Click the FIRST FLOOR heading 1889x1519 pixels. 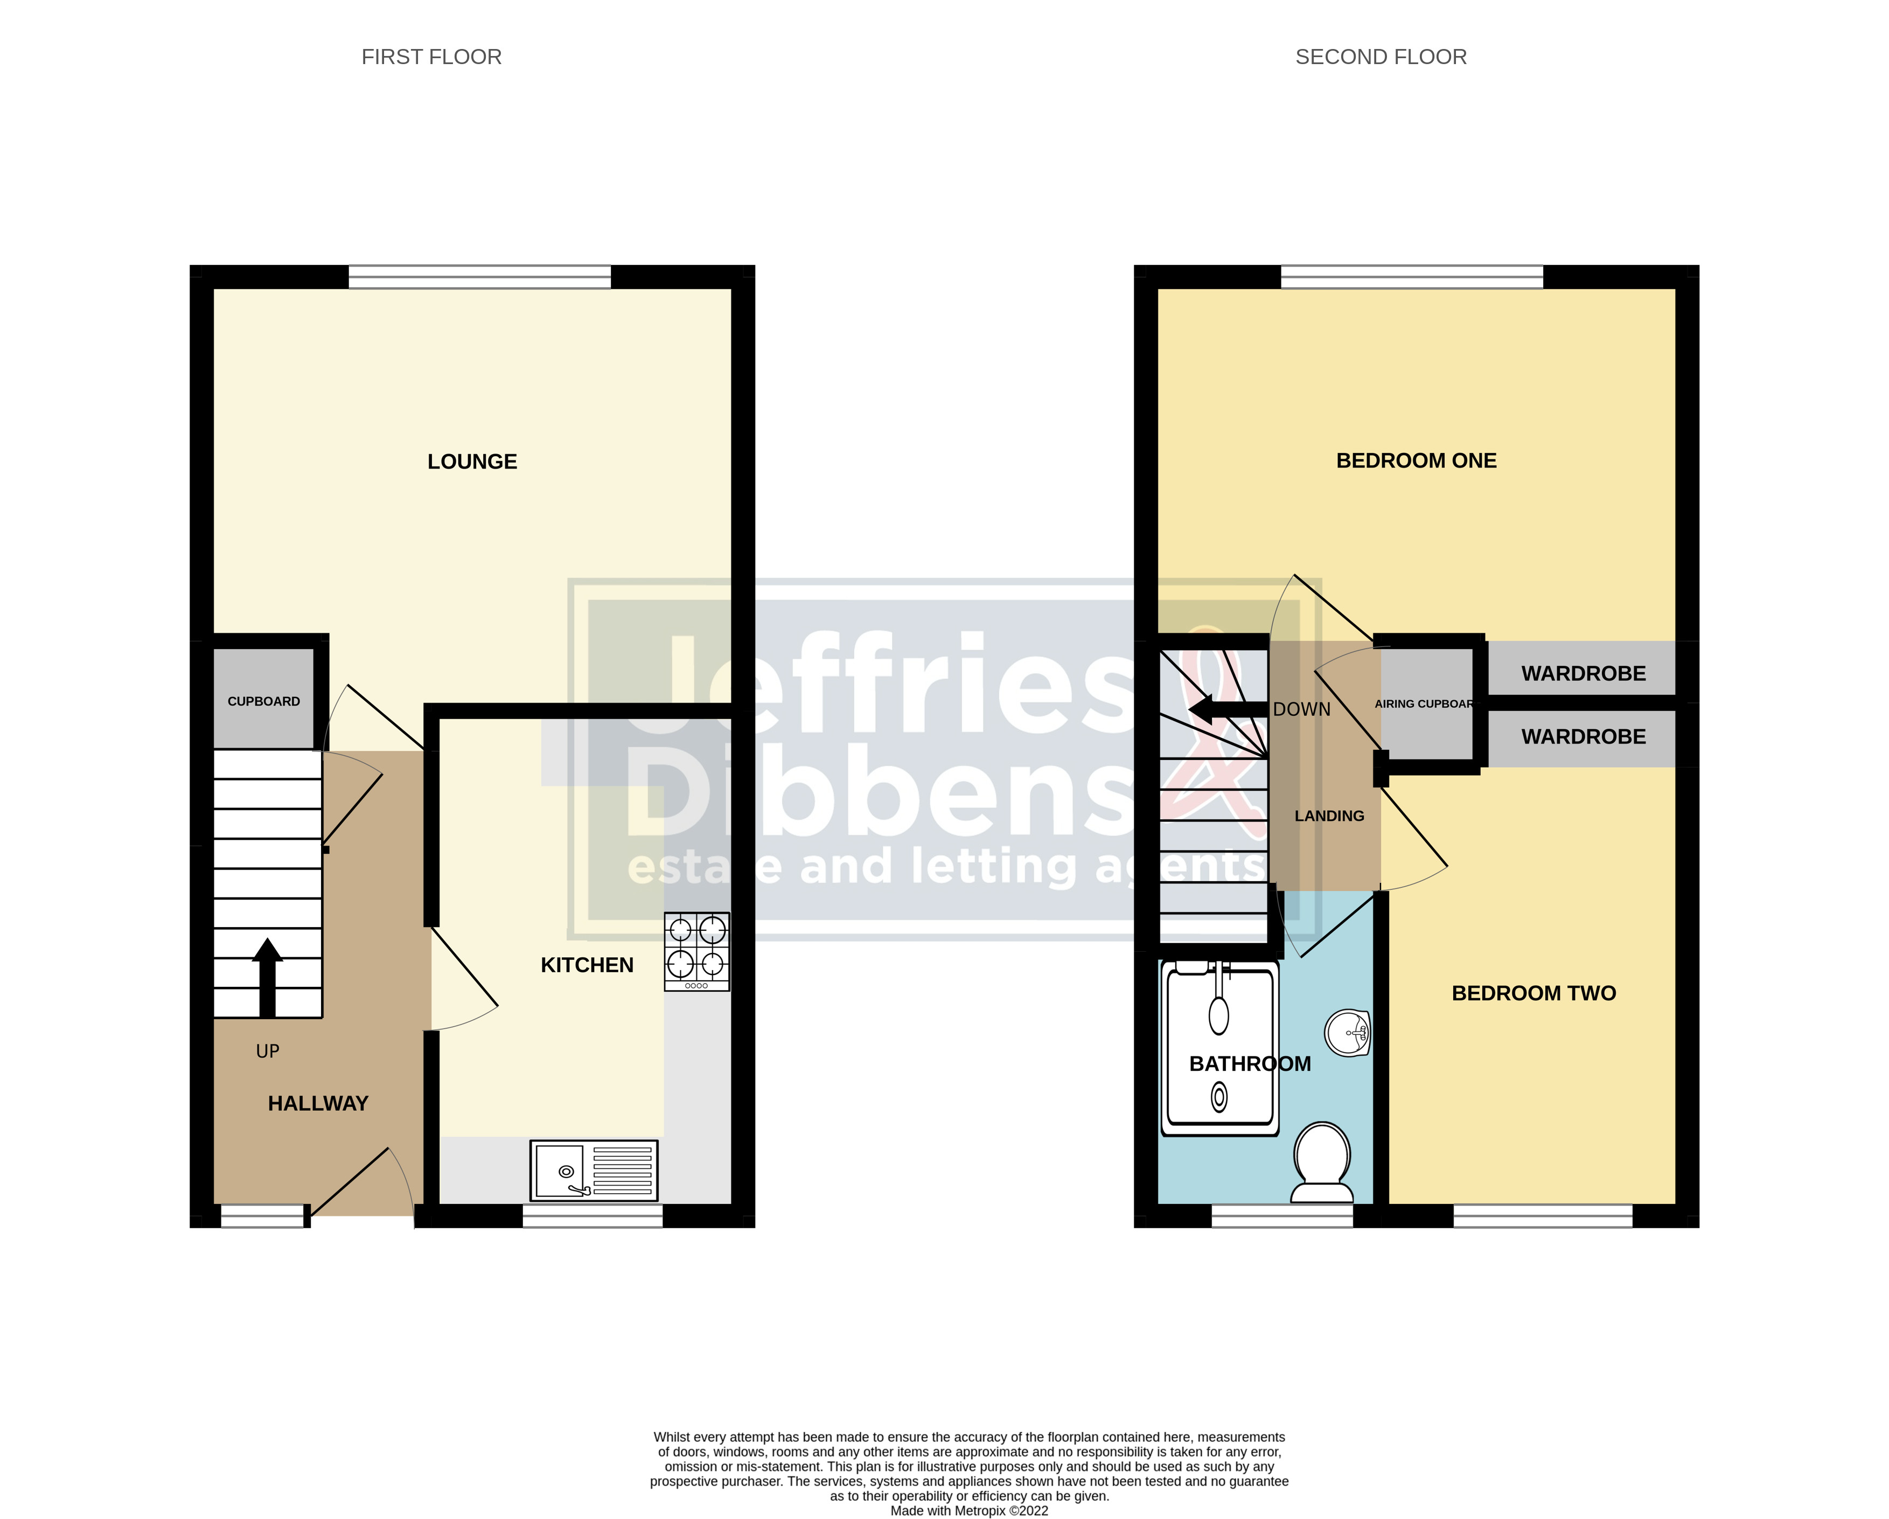[431, 57]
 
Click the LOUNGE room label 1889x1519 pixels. [472, 462]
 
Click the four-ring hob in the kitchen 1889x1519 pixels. [696, 951]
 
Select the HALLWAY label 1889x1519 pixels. [318, 1104]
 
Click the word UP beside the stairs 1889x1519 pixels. [267, 1051]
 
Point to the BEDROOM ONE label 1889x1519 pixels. [1416, 461]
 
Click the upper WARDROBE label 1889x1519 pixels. [1583, 674]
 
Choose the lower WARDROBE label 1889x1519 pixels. [1583, 737]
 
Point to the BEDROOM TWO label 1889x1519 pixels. [1533, 993]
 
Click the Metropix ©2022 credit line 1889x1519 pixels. [969, 1510]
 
